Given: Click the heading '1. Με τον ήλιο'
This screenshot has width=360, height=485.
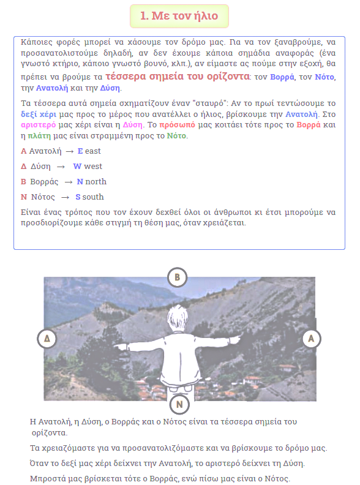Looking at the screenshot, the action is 179,16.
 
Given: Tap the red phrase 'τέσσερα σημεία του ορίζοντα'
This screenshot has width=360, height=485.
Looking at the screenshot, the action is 177,76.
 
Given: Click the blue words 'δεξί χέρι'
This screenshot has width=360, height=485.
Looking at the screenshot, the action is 39,115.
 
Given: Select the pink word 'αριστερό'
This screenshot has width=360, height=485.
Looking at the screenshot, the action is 39,125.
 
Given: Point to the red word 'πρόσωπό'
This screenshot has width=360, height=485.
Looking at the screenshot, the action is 177,125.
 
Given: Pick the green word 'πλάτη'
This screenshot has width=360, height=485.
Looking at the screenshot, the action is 39,136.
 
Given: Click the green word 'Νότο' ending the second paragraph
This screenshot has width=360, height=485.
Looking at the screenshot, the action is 176,136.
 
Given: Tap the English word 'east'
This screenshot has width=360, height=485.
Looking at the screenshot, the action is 93,151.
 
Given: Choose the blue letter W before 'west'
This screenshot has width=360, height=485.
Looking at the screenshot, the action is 77,167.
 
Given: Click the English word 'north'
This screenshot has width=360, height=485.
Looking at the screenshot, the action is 96,181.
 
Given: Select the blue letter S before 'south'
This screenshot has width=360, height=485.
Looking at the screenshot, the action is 78,197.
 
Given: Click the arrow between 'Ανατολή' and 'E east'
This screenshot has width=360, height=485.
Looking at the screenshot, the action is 70,152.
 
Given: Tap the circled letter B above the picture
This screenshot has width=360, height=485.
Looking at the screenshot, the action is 177,277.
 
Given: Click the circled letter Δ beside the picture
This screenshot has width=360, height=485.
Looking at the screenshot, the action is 47,339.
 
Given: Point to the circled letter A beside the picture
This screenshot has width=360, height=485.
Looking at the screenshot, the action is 311,339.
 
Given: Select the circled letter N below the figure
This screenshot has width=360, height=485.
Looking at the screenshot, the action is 179,404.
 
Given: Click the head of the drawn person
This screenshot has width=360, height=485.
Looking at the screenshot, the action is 178,319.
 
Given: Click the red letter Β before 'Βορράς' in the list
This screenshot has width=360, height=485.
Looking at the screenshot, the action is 23,181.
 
